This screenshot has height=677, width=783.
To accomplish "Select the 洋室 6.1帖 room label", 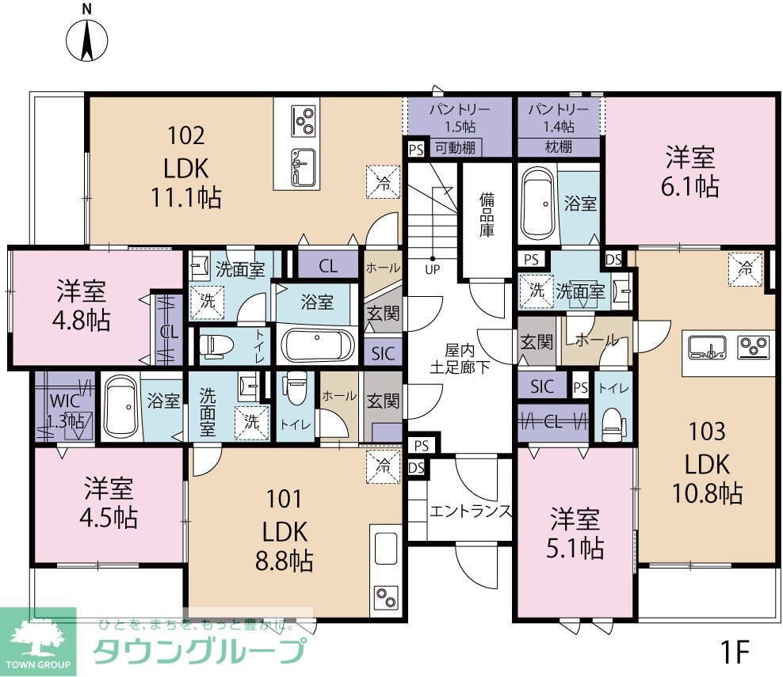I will pos(691,172).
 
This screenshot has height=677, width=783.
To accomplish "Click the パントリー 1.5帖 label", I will pos(460,116).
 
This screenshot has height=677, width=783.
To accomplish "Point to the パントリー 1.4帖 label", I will pos(559,116).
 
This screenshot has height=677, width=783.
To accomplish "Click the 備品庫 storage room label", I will pos(486,215).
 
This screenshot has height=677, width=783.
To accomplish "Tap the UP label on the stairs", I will pos(433,269).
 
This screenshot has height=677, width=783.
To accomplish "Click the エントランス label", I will pos(471,510).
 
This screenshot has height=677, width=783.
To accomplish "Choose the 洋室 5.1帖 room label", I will pos(577,533).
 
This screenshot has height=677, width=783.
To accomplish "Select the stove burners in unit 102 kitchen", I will pos(304,121).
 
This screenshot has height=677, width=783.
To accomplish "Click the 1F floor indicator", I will pos(735,652).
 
